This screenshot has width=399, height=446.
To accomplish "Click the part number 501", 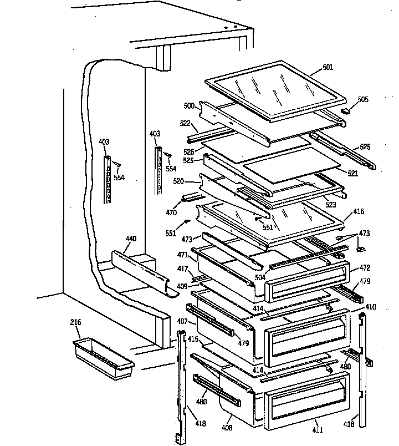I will coord(328,68).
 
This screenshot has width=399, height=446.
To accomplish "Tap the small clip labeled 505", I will coord(347,110).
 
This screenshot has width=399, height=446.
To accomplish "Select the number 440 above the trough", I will coord(131,239).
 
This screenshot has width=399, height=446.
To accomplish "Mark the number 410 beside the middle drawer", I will coord(371,306).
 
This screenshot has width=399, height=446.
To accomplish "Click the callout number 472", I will coord(365,267).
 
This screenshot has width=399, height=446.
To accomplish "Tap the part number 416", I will coord(359,212).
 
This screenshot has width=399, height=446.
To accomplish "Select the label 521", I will coord(352,174).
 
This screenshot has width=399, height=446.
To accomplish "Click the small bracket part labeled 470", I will coord(190,197).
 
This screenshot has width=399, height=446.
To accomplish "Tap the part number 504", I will coord(260,277).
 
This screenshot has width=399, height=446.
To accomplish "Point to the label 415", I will coord(192,338).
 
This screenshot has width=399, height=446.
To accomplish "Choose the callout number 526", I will coord(190,151).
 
